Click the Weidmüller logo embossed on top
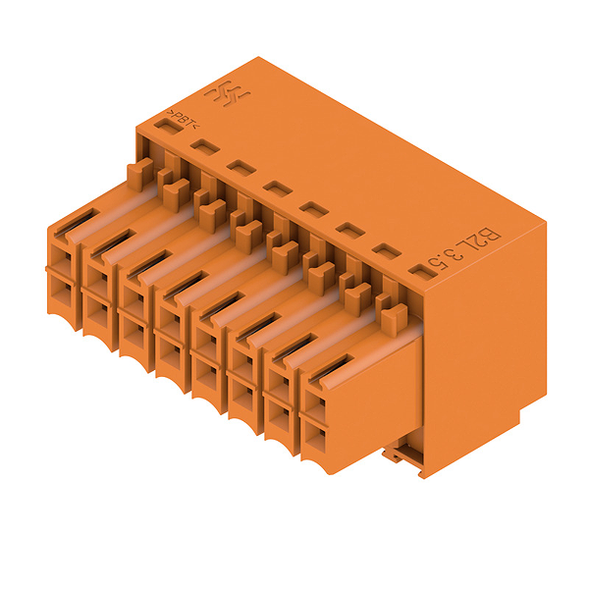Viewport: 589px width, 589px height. pyautogui.click(x=228, y=93)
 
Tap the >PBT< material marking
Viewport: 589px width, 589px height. pyautogui.click(x=184, y=119)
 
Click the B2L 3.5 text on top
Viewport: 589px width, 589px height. pyautogui.click(x=464, y=249)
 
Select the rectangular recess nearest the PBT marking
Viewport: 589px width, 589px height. pyautogui.click(x=169, y=127)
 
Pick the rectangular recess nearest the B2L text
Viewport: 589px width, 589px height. pyautogui.click(x=423, y=273)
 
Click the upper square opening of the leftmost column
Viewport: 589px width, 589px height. pyautogui.click(x=61, y=257)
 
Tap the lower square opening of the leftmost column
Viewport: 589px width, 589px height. pyautogui.click(x=61, y=290)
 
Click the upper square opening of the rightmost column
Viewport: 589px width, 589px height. pyautogui.click(x=315, y=403)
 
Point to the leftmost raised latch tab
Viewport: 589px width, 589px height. pyautogui.click(x=140, y=174)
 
